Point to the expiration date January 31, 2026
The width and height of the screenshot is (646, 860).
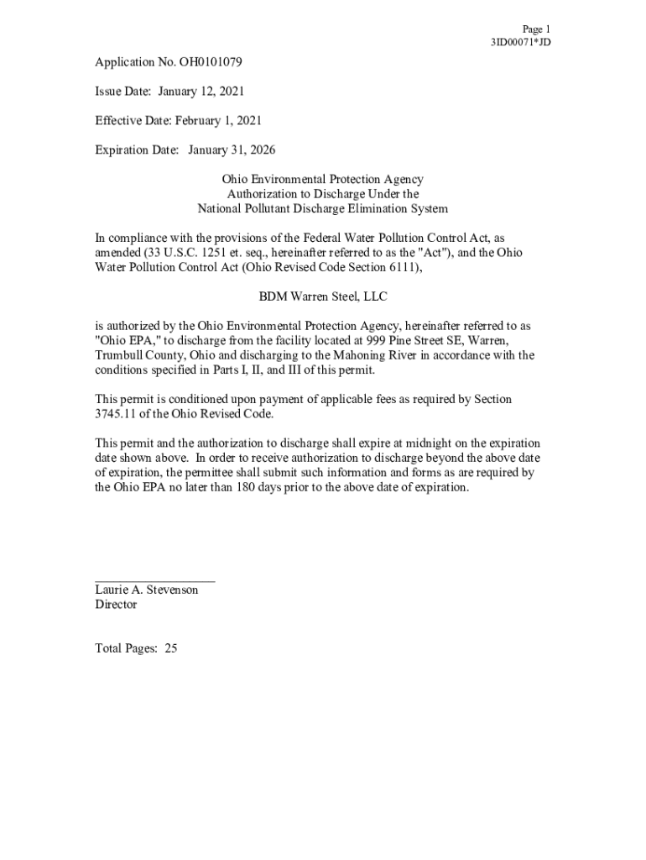232,149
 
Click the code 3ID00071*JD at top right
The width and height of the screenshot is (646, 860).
520,42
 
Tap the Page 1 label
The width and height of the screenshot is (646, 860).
535,29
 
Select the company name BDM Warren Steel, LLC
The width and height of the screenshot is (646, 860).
323,296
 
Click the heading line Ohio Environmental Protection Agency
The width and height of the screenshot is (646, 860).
323,179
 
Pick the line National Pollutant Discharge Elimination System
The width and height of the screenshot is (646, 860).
323,208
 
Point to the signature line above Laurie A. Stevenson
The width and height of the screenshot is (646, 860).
154,579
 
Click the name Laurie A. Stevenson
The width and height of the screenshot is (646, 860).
147,590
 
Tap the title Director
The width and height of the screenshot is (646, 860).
116,605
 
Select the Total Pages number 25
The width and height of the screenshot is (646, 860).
171,648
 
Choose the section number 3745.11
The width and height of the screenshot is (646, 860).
117,414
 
